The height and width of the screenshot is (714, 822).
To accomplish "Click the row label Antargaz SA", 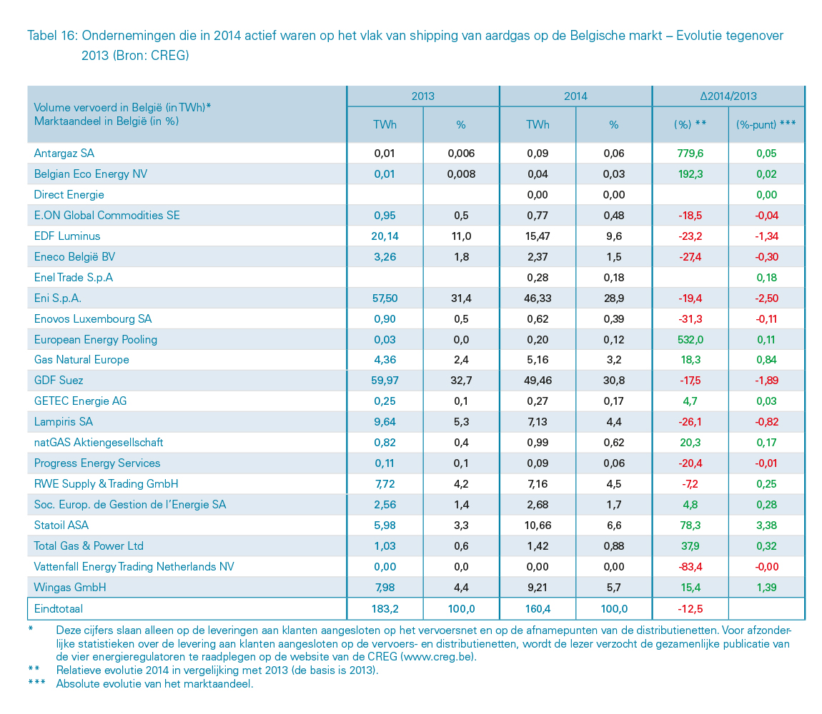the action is pyautogui.click(x=64, y=153).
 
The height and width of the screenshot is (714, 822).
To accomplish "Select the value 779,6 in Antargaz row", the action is pyautogui.click(x=690, y=153).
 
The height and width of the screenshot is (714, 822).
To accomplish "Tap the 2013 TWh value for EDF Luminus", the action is pyautogui.click(x=385, y=236).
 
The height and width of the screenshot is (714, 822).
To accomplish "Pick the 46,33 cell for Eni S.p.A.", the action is pyautogui.click(x=538, y=298).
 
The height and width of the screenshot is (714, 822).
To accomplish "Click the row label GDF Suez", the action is pyautogui.click(x=59, y=381).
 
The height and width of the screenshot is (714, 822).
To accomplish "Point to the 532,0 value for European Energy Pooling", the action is pyautogui.click(x=690, y=339).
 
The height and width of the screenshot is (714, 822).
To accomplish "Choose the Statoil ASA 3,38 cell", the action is pyautogui.click(x=766, y=525).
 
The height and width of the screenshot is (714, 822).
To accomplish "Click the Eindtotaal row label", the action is pyautogui.click(x=58, y=609).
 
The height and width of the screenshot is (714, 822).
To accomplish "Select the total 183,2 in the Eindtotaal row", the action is pyautogui.click(x=385, y=609).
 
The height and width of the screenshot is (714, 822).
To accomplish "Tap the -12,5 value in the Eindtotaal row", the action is pyautogui.click(x=690, y=609).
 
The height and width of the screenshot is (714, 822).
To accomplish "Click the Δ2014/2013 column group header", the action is pyautogui.click(x=728, y=96).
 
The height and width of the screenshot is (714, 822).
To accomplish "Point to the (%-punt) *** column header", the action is pyautogui.click(x=766, y=124).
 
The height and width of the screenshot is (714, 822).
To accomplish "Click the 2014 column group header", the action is pyautogui.click(x=575, y=96).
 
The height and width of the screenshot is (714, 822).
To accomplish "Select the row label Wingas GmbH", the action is pyautogui.click(x=70, y=587).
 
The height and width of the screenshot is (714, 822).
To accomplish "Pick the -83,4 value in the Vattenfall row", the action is pyautogui.click(x=690, y=566).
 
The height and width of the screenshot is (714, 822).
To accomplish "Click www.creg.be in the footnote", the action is pyautogui.click(x=437, y=656).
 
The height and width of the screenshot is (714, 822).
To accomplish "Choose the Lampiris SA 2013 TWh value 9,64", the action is pyautogui.click(x=385, y=422).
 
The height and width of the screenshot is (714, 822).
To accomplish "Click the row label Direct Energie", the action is pyautogui.click(x=69, y=194).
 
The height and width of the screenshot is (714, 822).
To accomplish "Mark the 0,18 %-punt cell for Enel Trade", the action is pyautogui.click(x=766, y=277).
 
